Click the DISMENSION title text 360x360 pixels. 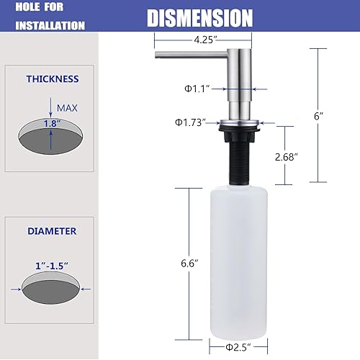point(200,17)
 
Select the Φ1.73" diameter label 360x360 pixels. point(190,122)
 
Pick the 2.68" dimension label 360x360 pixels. point(287,156)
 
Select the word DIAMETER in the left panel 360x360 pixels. point(52,232)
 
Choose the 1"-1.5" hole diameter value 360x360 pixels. point(50,266)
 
